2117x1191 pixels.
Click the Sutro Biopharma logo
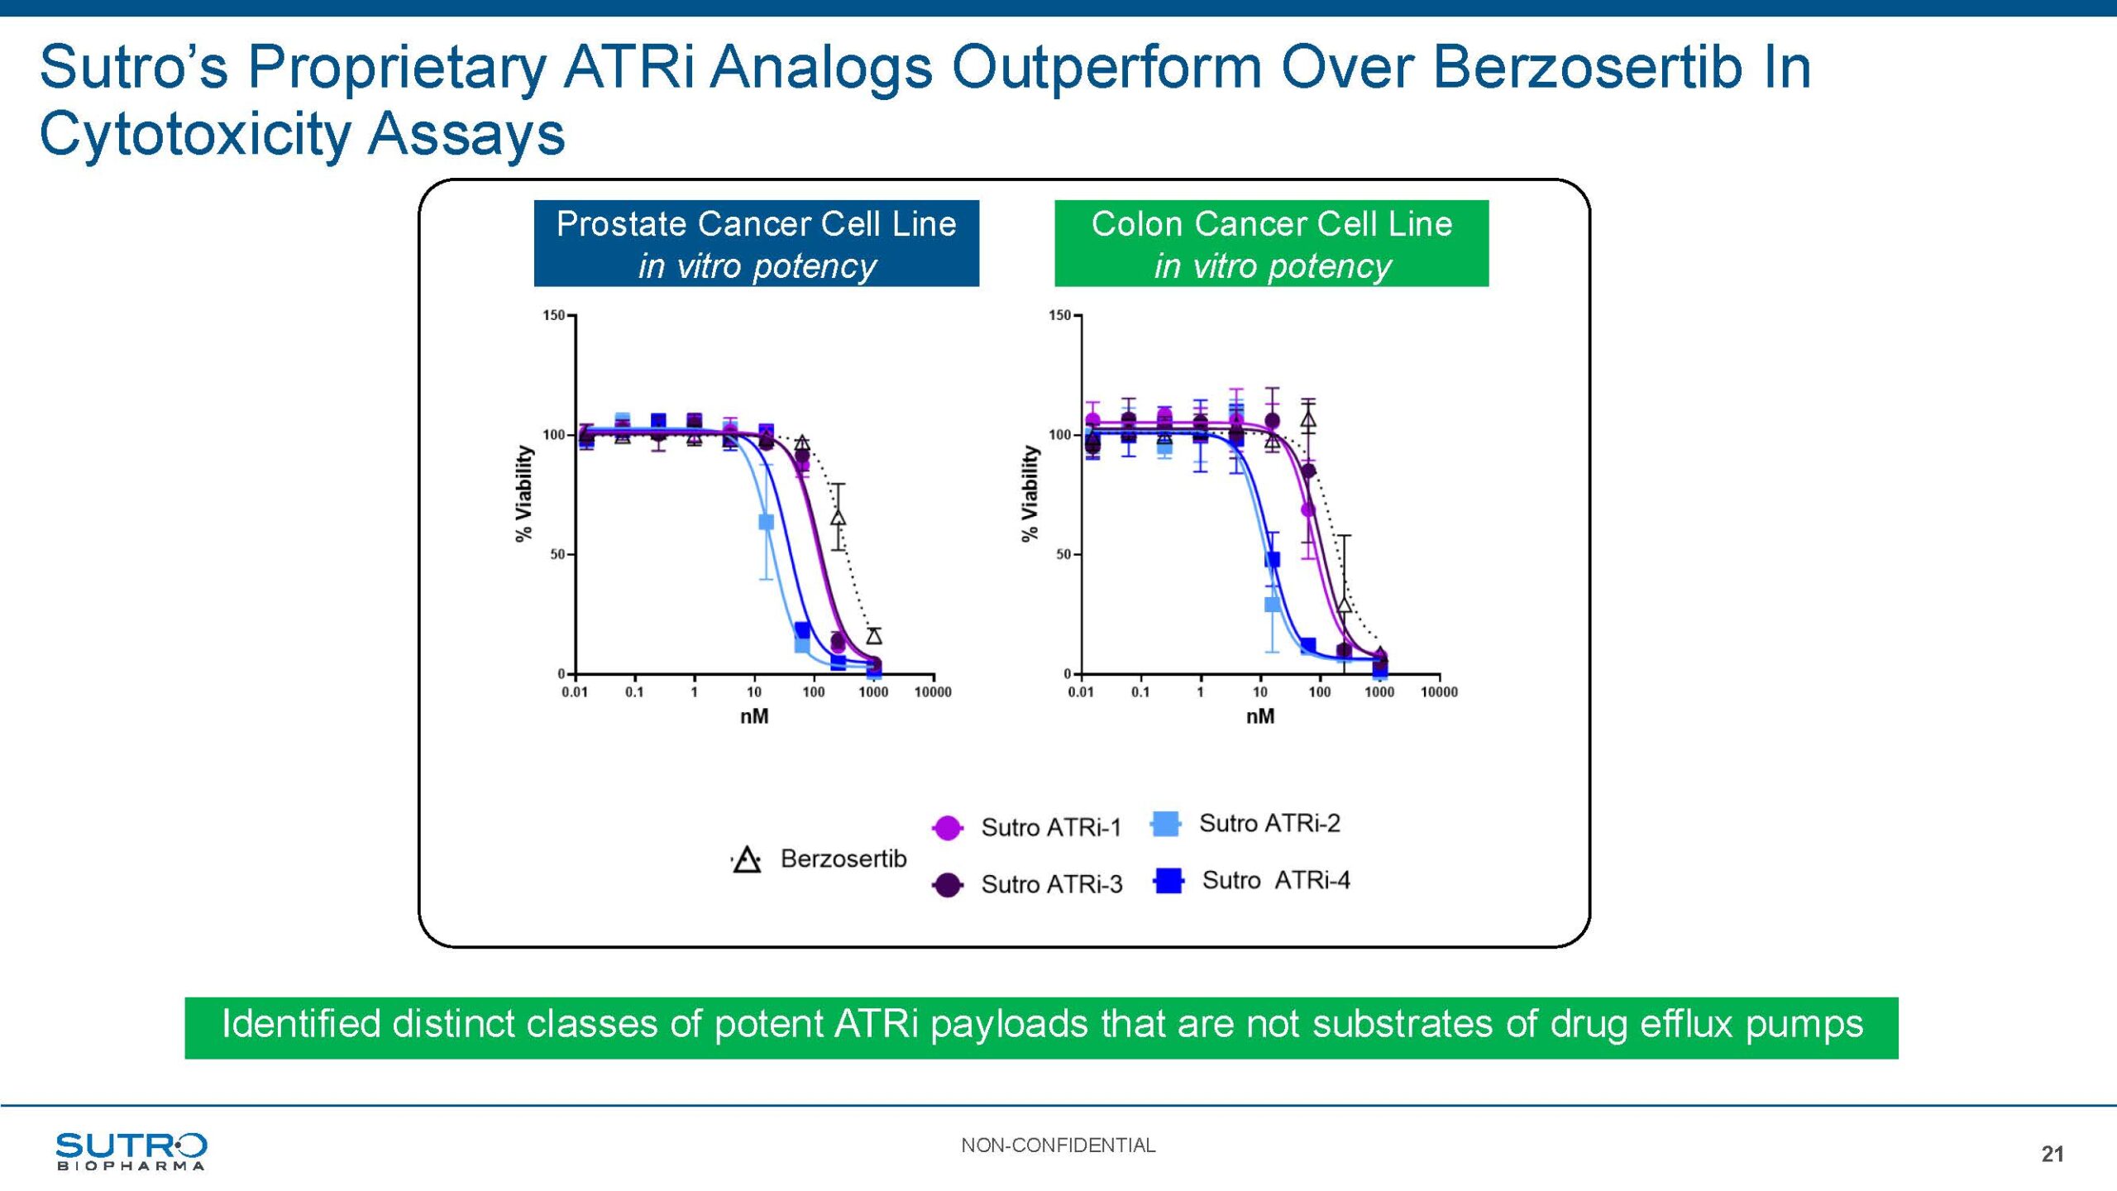coord(131,1150)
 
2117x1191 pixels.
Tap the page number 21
coord(2052,1154)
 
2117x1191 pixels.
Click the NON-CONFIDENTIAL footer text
coord(1058,1145)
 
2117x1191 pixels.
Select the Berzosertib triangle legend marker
coord(747,860)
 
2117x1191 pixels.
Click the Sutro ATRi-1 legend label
coord(1050,827)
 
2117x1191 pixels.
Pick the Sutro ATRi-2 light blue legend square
coord(1165,824)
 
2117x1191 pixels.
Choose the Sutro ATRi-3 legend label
coord(1051,884)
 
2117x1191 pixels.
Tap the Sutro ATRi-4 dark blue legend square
coord(1168,880)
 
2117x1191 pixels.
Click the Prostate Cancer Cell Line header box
coord(756,243)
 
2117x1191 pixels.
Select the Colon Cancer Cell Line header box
coord(1271,243)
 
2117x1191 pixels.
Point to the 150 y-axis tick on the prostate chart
coord(553,315)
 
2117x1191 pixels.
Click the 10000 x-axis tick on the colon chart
coord(1439,691)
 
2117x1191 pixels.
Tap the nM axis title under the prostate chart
coord(754,716)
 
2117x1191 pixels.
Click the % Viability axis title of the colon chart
coord(1030,494)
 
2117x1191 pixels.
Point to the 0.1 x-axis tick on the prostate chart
coord(634,691)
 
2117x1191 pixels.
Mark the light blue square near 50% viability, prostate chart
coord(767,522)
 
